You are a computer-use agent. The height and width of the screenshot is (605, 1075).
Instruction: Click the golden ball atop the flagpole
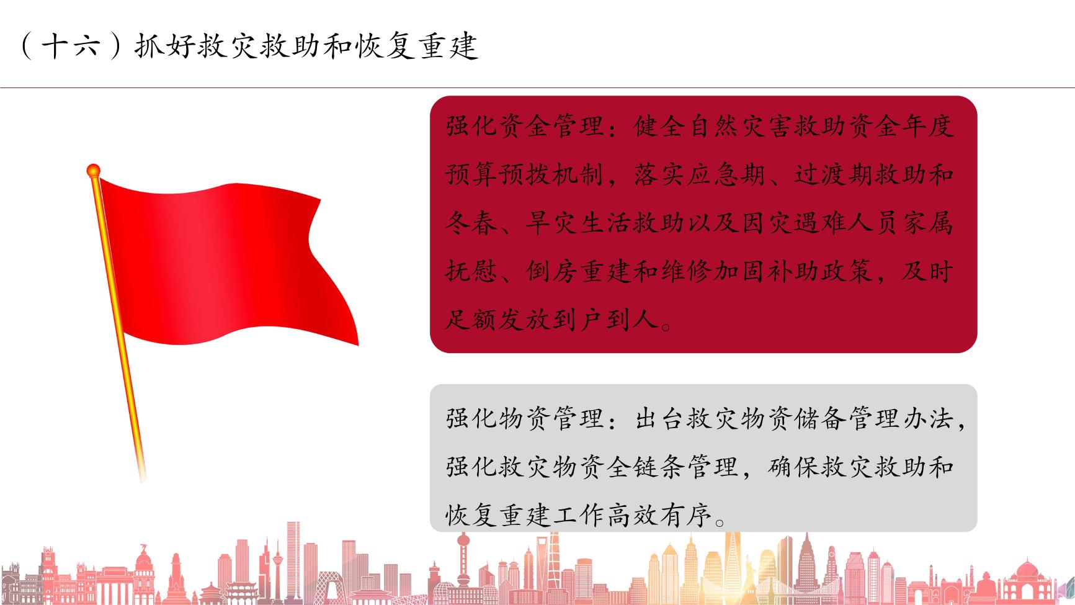click(93, 169)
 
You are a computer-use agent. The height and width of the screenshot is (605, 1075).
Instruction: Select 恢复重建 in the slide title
click(417, 46)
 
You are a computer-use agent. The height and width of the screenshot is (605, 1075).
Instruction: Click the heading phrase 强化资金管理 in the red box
click(524, 127)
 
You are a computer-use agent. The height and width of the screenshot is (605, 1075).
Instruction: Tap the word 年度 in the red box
click(927, 127)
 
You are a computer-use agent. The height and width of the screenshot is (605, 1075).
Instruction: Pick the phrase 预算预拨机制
click(524, 175)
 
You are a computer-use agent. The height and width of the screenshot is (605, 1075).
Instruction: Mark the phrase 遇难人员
click(848, 223)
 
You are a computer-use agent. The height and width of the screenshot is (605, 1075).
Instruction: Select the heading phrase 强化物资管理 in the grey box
click(524, 418)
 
